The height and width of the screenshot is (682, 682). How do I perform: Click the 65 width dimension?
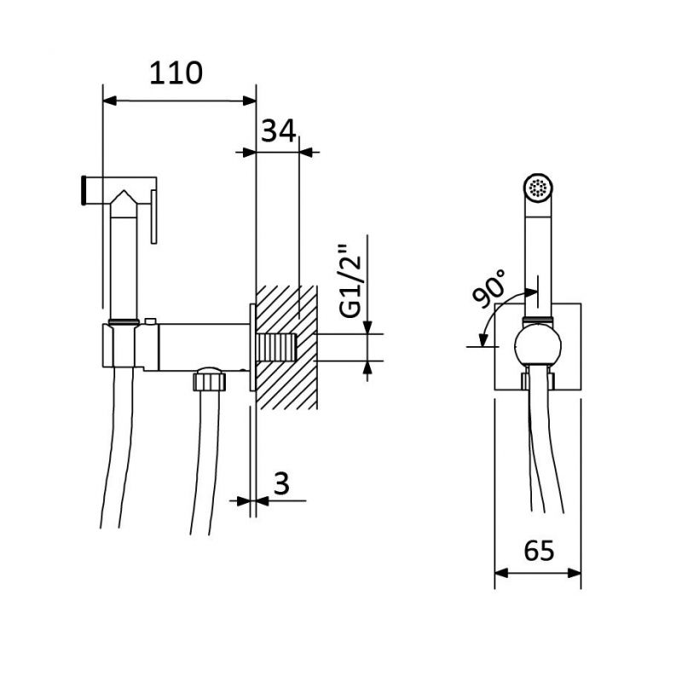point(539,551)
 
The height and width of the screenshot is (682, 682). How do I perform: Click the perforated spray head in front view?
point(538,188)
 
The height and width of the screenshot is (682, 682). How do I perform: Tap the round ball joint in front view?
point(537,346)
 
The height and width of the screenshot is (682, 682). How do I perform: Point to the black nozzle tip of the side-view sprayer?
point(84,189)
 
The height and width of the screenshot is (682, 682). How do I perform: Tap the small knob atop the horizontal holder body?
point(151,321)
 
